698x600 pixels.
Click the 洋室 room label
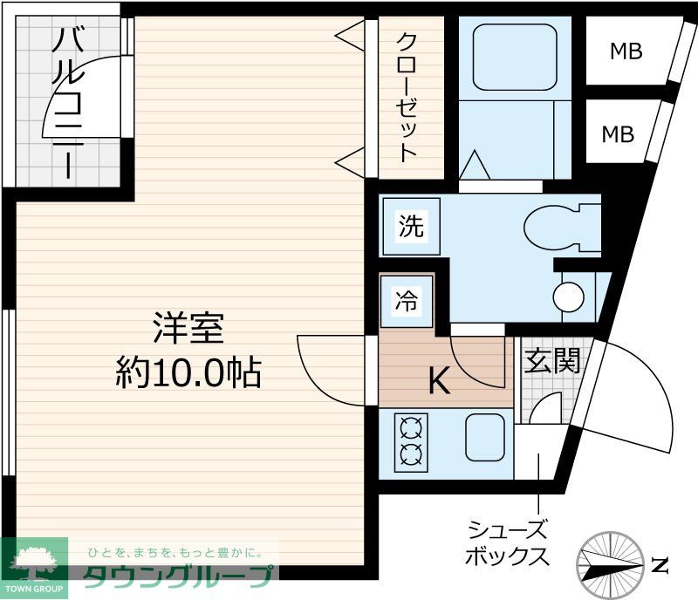pos(188,328)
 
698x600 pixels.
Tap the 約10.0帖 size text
pos(188,373)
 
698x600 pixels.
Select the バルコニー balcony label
pos(66,103)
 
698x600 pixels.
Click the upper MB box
pos(625,51)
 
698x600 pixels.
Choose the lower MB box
pos(618,134)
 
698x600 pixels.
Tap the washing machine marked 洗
pos(410,227)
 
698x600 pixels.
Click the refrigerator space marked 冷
pos(407,301)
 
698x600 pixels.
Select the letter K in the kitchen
pos(439,380)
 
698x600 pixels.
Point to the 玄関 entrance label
pos(551,359)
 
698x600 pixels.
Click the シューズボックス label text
pos(508,542)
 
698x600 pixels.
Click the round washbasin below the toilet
pos(569,297)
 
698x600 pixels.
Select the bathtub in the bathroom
pos(515,57)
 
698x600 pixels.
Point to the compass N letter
pos(660,564)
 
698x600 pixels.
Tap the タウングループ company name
pos(178,575)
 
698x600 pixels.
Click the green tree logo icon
pos(35,562)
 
